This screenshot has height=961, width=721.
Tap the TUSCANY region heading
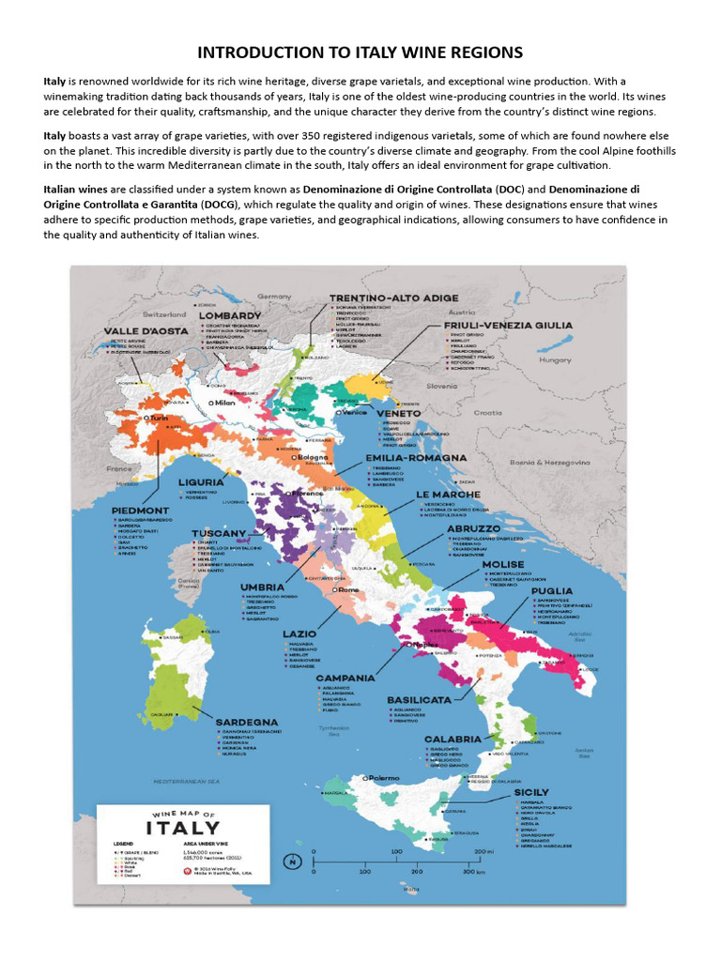(x=219, y=533)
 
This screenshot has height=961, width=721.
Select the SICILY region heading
(x=531, y=792)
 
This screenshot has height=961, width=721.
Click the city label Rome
(x=348, y=589)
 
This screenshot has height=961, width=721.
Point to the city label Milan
(x=223, y=403)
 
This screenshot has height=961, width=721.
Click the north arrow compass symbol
(x=294, y=862)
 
